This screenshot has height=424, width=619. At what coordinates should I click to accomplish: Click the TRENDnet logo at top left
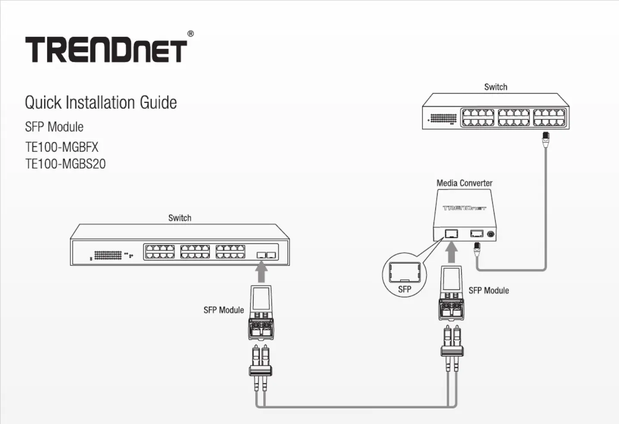(x=106, y=50)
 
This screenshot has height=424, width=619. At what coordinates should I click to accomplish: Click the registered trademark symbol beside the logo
(x=191, y=34)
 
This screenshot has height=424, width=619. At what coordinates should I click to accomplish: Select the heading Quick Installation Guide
(x=101, y=103)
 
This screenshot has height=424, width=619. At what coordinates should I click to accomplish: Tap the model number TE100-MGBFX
(x=62, y=147)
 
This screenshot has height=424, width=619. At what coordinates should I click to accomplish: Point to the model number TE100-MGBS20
(x=65, y=164)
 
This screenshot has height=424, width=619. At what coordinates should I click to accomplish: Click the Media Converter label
(x=464, y=183)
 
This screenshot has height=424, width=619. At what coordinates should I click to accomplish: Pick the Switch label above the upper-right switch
(x=496, y=87)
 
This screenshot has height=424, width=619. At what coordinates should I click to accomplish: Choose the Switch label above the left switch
(x=180, y=218)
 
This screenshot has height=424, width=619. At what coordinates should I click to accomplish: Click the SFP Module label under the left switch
(x=224, y=310)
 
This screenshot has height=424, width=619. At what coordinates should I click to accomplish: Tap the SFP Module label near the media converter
(x=489, y=290)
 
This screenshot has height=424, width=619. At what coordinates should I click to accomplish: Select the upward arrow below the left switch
(x=261, y=273)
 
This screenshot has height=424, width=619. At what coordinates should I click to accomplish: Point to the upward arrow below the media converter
(x=451, y=252)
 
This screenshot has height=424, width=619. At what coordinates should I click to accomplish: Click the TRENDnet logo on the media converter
(x=464, y=208)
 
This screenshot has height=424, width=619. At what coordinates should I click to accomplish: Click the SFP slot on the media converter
(x=451, y=233)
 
